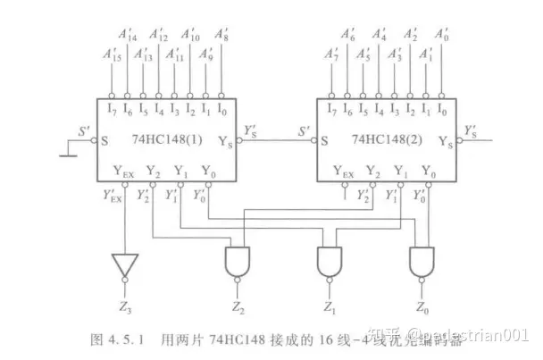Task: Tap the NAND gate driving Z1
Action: (330, 262)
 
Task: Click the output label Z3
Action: (124, 308)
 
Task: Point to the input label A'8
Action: (223, 35)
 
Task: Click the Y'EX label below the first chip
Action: (112, 195)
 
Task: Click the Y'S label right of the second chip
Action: (471, 130)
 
